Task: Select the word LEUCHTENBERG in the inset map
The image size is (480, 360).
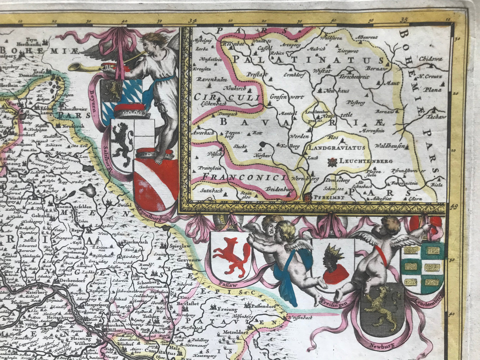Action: coord(365,161)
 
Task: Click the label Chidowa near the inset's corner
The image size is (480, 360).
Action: coord(431,59)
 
